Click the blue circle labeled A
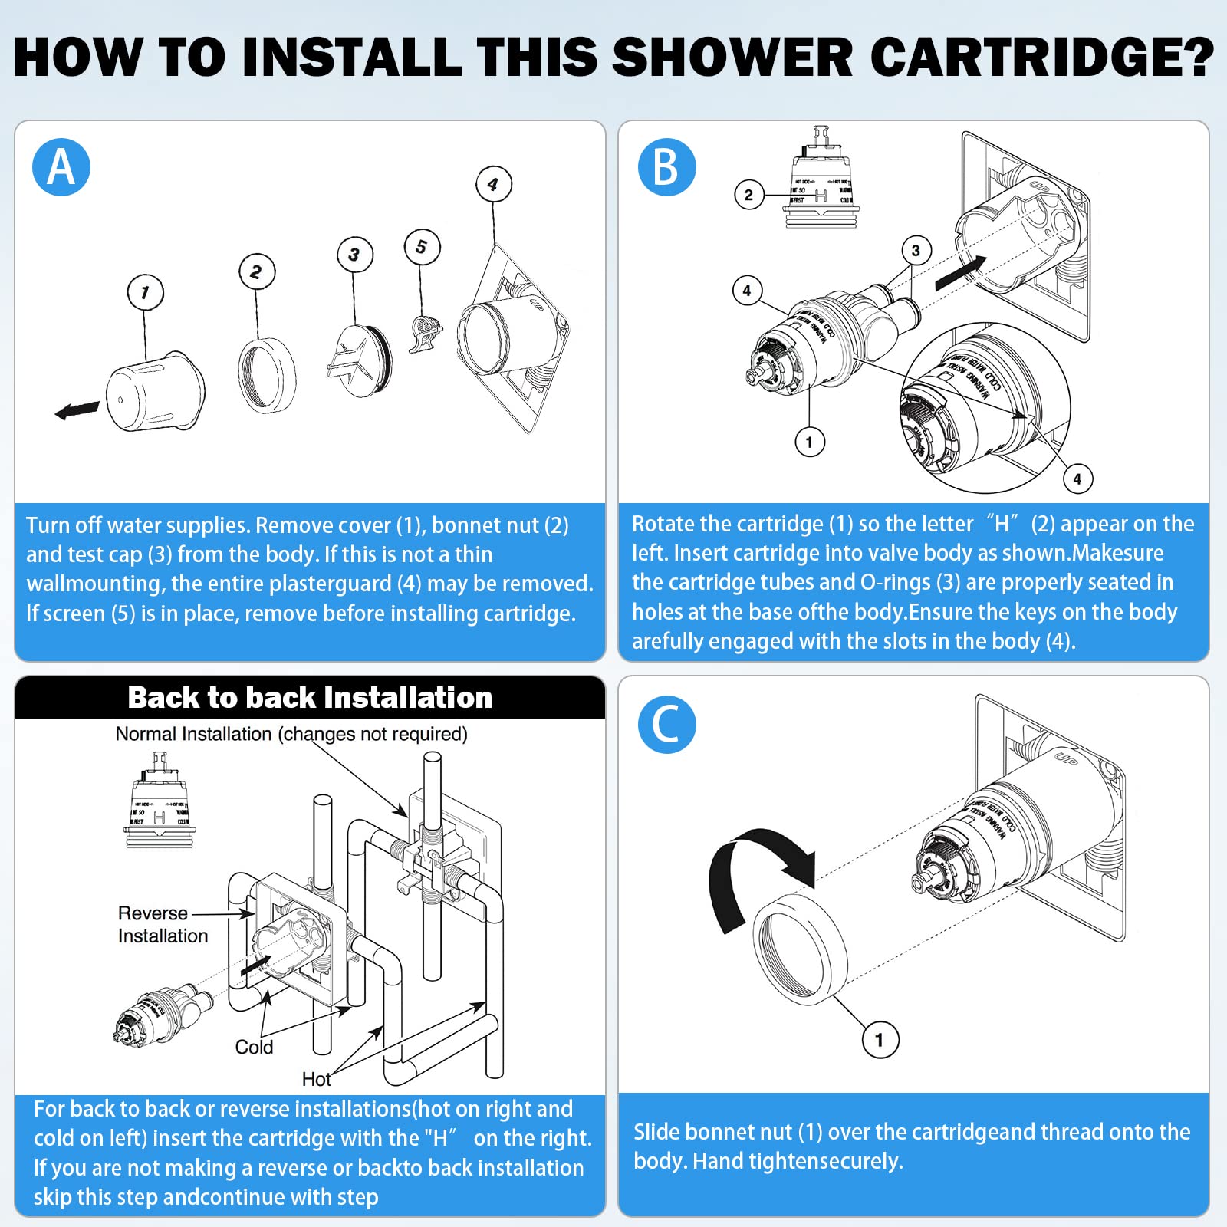(61, 167)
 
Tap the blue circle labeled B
(666, 167)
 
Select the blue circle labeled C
(666, 724)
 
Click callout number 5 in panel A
(422, 247)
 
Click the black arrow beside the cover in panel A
(77, 410)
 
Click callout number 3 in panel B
(916, 250)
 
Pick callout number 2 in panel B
(748, 195)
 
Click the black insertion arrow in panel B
(960, 273)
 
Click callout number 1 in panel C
(880, 1040)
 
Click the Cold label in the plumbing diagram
(254, 1047)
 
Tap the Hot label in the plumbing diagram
(316, 1079)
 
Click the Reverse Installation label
(162, 924)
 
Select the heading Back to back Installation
(310, 697)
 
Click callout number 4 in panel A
(493, 184)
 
